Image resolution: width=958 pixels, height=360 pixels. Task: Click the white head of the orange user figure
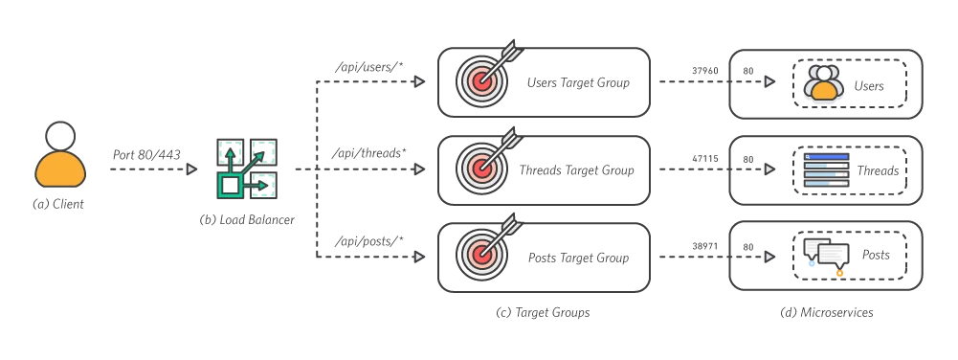(x=60, y=135)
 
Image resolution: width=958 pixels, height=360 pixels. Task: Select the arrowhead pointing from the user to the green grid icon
(x=191, y=169)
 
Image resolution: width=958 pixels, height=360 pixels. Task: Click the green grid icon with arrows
(x=248, y=169)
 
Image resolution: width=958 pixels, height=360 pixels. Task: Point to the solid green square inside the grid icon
(x=230, y=185)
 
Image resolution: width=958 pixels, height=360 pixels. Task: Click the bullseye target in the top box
(x=481, y=80)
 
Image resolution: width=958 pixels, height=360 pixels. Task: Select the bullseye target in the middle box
(x=481, y=168)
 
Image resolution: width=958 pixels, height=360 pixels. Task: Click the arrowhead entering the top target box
(x=419, y=82)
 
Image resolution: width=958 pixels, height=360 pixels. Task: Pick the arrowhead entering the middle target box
(x=419, y=169)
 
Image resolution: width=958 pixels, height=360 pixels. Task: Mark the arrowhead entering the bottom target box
(x=419, y=257)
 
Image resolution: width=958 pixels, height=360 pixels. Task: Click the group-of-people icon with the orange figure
(x=823, y=83)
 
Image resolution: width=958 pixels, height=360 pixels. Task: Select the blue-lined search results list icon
(x=826, y=170)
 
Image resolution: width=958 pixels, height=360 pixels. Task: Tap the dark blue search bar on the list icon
(x=826, y=156)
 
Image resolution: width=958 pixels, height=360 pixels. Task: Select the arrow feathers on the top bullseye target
(x=512, y=51)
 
